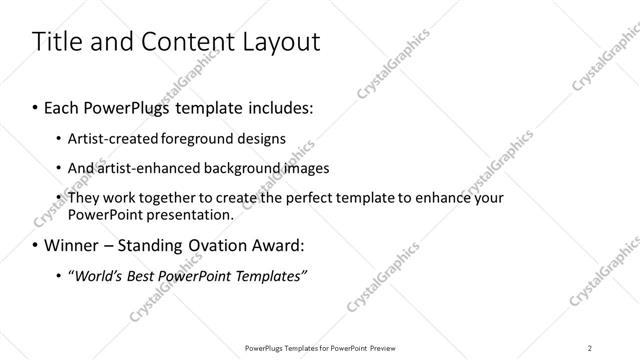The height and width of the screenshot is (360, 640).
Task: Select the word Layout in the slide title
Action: click(x=284, y=42)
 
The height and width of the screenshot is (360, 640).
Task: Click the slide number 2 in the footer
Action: click(x=589, y=348)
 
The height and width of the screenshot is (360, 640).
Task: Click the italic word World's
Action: click(x=100, y=275)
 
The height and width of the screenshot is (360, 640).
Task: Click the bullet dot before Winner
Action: click(x=36, y=246)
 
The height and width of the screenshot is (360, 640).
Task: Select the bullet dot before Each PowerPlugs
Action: click(x=36, y=105)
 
